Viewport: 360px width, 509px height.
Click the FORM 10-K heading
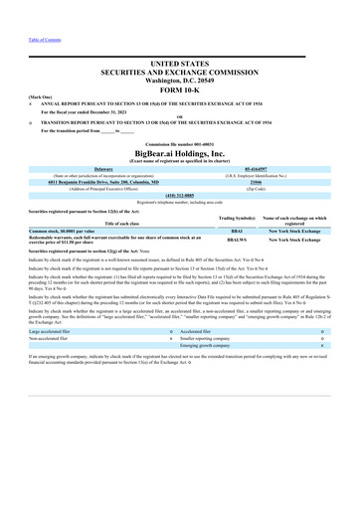point(179,91)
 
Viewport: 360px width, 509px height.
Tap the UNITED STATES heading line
point(179,62)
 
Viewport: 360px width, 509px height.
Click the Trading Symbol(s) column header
point(237,246)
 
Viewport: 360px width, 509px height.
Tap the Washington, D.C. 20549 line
point(179,81)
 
